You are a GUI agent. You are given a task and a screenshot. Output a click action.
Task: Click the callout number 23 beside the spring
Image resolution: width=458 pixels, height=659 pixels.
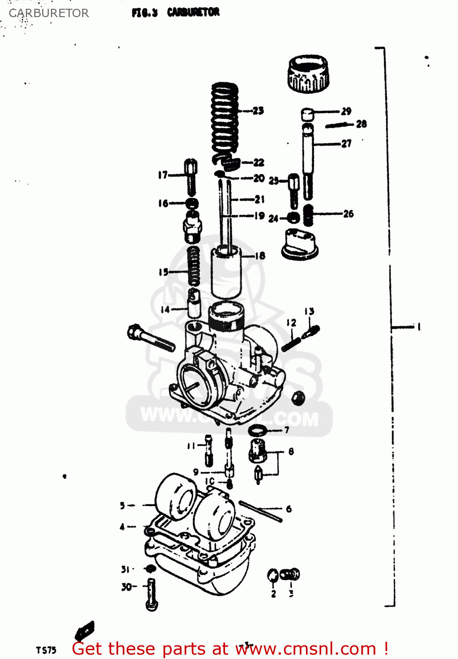258,111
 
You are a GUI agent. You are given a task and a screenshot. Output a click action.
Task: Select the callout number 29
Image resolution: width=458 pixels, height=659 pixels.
346,111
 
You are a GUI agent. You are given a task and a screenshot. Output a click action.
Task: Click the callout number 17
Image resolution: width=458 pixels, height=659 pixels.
163,175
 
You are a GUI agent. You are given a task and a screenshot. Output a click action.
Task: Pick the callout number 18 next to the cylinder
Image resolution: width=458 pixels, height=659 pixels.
260,256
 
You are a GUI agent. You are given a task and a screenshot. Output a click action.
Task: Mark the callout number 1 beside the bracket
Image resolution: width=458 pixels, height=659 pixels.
419,326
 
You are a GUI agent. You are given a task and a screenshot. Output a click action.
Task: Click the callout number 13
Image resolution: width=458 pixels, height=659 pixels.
309,311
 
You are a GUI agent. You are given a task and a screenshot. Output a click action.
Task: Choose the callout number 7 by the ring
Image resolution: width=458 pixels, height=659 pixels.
287,430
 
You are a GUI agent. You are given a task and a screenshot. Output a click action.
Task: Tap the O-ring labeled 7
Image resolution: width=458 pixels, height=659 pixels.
258,431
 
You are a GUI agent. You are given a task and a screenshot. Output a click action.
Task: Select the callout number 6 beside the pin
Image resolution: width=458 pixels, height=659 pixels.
289,509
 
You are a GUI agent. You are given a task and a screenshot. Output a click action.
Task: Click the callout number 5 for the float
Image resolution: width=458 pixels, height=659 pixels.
123,506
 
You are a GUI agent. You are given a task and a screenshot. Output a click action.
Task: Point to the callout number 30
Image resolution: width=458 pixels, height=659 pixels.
127,587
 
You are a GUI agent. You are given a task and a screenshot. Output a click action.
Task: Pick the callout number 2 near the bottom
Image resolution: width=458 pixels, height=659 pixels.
273,594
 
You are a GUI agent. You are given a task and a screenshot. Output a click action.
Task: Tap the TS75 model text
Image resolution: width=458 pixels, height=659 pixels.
46,650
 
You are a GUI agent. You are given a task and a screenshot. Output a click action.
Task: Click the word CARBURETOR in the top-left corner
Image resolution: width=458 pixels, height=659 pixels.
49,13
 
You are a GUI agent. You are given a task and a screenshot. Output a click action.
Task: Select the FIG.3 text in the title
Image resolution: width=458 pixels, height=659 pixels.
144,13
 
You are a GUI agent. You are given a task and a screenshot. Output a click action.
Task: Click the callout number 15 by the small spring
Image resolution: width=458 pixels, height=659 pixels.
164,272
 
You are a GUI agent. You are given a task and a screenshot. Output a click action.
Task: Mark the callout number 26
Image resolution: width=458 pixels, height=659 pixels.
349,214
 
